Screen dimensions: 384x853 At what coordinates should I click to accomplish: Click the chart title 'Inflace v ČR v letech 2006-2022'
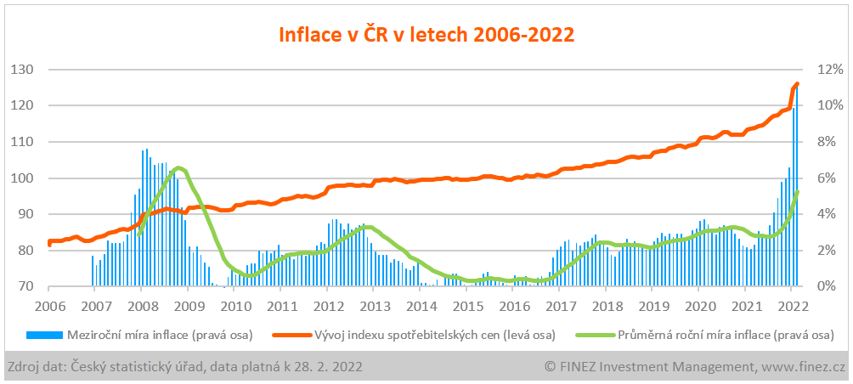pyautogui.click(x=426, y=35)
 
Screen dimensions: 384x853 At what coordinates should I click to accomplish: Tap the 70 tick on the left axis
pyautogui.click(x=25, y=286)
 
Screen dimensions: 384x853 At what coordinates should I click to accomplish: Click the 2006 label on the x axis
pyautogui.click(x=48, y=306)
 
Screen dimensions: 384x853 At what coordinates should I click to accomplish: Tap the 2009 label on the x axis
pyautogui.click(x=188, y=306)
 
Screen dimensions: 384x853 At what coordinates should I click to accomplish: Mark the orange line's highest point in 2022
pyautogui.click(x=797, y=83)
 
